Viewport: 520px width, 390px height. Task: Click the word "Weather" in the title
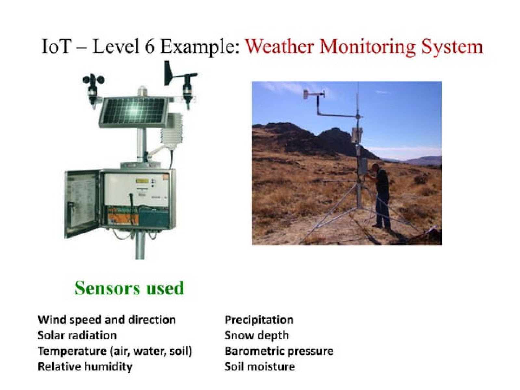point(279,47)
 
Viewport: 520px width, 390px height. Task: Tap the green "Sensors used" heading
point(129,288)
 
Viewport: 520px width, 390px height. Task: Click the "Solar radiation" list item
point(77,335)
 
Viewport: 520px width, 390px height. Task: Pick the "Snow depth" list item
point(256,336)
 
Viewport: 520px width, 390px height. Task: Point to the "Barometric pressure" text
point(279,351)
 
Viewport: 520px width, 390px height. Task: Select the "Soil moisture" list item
point(260,367)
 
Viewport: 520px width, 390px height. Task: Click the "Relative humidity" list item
point(85,367)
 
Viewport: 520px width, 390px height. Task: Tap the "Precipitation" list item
point(259,320)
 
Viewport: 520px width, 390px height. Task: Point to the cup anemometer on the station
point(93,90)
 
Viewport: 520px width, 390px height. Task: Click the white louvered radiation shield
point(171,129)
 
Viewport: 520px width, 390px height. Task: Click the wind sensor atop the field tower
point(314,94)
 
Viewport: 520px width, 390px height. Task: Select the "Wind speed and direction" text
point(107,320)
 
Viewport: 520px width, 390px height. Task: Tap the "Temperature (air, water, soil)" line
point(115,351)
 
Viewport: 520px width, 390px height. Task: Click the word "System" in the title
point(452,47)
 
